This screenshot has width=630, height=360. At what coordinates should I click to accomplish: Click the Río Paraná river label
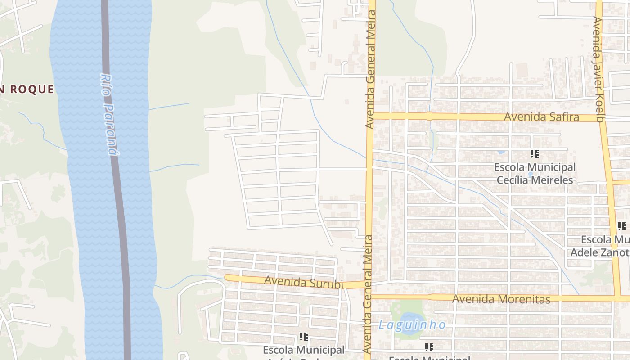[x=110, y=115]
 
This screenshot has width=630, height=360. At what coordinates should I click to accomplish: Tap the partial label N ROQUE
[x=27, y=89]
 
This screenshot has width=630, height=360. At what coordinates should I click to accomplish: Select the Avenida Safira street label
[x=541, y=117]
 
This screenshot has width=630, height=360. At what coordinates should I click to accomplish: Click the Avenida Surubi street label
[x=304, y=283]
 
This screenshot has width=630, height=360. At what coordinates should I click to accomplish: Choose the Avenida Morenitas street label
[x=501, y=299]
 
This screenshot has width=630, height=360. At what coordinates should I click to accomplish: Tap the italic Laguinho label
[x=412, y=325]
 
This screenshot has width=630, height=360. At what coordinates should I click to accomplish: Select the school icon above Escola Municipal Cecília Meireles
[x=534, y=154]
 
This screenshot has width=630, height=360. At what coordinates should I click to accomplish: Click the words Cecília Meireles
[x=535, y=180]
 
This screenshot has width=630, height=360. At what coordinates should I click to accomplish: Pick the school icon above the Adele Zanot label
[x=621, y=226]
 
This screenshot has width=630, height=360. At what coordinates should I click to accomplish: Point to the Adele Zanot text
[x=600, y=252]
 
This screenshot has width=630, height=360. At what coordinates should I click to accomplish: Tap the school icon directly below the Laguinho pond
[x=429, y=347]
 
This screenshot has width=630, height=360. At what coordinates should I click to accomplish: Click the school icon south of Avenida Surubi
[x=303, y=336]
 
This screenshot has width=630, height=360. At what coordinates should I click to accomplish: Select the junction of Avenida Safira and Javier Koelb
[x=602, y=118]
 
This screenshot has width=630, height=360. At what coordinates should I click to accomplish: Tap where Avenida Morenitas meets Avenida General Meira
[x=368, y=297]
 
